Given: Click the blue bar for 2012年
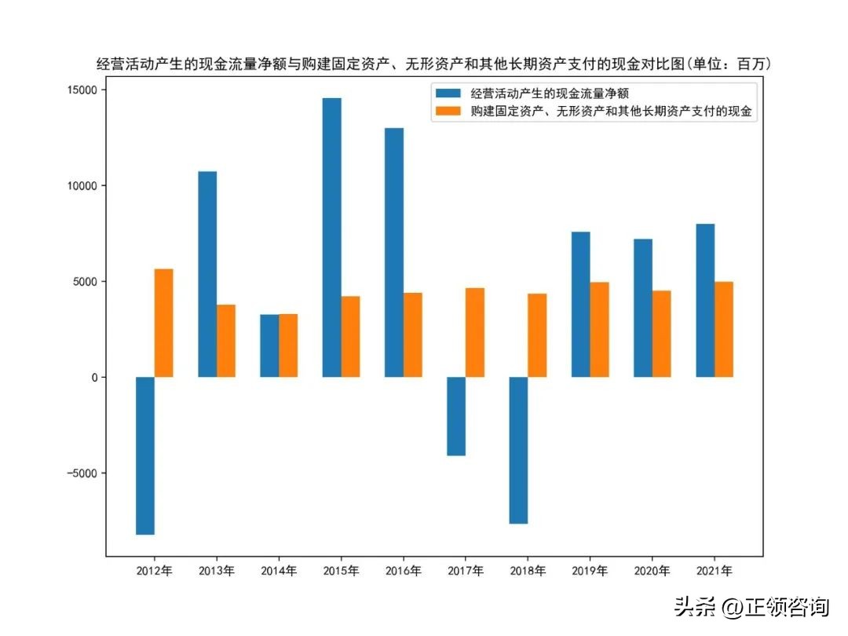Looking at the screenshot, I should [x=145, y=455].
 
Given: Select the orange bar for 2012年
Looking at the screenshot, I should [x=163, y=323].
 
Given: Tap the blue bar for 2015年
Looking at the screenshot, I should [x=331, y=237].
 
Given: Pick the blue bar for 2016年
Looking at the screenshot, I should [x=394, y=252].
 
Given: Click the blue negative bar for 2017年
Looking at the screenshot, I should [x=456, y=416].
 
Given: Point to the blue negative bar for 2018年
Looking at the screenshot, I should [x=518, y=450].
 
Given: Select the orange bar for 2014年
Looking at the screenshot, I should [x=288, y=345].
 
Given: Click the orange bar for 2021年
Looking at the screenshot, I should [x=723, y=329].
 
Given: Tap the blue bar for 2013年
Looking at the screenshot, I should [x=207, y=274].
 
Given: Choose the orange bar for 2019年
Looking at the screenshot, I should [x=599, y=330].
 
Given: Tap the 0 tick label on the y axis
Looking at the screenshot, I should [x=93, y=378].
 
